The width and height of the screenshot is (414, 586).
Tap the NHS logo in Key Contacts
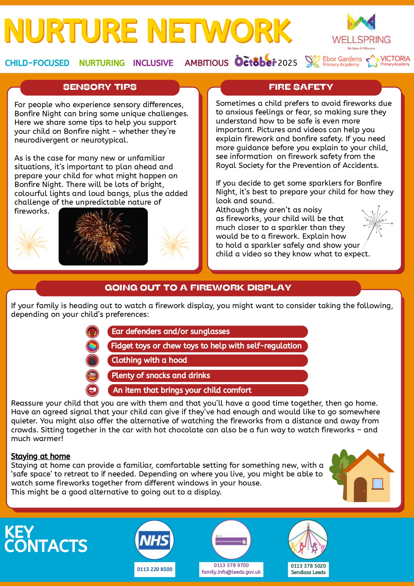(x=154, y=540)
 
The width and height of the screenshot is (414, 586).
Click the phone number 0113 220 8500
(x=154, y=569)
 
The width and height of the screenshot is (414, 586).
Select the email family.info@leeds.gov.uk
(x=231, y=572)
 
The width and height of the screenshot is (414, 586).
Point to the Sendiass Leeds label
(x=308, y=572)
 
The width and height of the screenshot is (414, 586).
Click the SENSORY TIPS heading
(x=100, y=87)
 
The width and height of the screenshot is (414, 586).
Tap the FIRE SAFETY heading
(x=301, y=87)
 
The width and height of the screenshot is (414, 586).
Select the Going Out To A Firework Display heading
(x=198, y=288)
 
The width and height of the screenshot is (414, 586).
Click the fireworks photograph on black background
(x=103, y=236)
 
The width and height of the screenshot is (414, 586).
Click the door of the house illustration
(x=360, y=490)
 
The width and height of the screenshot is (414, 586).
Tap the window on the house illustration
(x=377, y=483)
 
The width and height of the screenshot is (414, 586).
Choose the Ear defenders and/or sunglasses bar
(x=207, y=332)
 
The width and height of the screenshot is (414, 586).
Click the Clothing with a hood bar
(x=207, y=360)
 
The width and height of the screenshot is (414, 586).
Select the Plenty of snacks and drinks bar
(x=207, y=376)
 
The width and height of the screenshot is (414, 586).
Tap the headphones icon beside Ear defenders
(x=92, y=332)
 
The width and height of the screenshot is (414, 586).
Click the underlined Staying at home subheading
(x=41, y=456)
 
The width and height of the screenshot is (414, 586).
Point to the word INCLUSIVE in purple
(x=153, y=63)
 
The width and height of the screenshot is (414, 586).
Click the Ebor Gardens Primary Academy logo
(x=334, y=61)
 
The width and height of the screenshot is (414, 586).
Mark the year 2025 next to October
(x=288, y=63)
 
